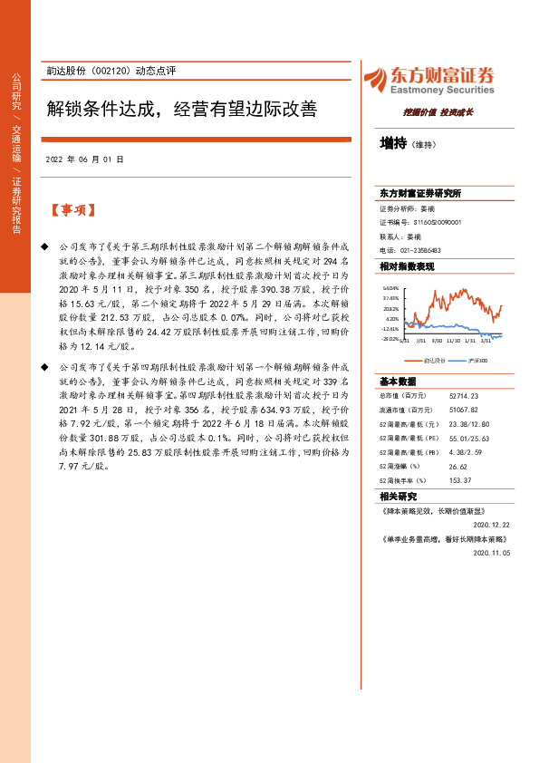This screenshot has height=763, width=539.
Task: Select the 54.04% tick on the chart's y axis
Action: click(x=390, y=287)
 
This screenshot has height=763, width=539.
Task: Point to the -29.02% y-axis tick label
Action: click(x=390, y=339)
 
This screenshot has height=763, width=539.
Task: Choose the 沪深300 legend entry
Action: click(x=476, y=360)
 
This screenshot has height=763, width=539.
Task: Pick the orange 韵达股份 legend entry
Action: click(x=425, y=360)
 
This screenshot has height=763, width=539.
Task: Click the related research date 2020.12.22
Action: click(x=493, y=524)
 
